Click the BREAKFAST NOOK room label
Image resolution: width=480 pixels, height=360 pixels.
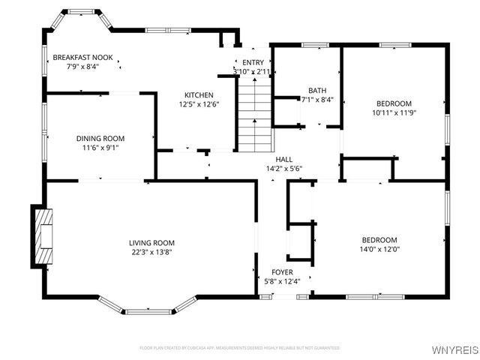[x=82, y=58]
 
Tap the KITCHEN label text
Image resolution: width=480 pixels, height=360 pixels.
[x=199, y=95]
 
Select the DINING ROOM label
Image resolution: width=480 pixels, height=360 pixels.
[x=100, y=139]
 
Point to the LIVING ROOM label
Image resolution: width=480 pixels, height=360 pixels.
[x=151, y=243]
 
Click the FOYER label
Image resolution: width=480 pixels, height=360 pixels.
[x=282, y=272]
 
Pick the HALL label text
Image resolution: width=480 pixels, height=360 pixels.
[x=283, y=160]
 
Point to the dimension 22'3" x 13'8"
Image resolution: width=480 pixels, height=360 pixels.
[x=151, y=253]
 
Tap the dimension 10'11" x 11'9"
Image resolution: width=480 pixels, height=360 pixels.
[x=394, y=112]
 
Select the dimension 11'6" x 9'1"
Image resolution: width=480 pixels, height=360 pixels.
[x=100, y=148]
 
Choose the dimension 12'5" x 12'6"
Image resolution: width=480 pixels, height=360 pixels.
[x=199, y=105]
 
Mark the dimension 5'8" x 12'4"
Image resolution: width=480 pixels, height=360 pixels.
[x=282, y=281]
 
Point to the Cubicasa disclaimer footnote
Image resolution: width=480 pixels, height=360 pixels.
[x=240, y=348]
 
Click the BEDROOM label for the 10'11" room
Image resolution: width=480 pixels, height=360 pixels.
[x=394, y=103]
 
